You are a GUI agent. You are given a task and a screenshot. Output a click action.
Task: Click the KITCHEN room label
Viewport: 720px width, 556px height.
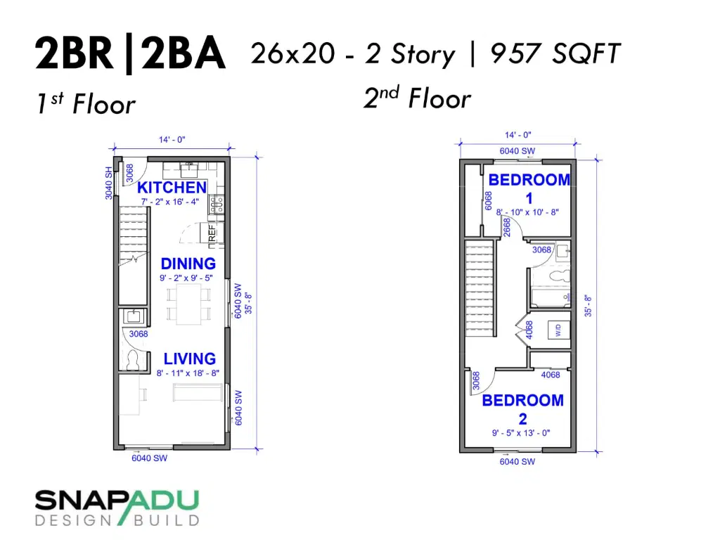(x=172, y=187)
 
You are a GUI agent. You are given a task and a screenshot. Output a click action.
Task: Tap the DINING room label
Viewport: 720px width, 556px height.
(x=188, y=264)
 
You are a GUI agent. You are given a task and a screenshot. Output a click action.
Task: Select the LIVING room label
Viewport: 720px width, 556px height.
(x=190, y=358)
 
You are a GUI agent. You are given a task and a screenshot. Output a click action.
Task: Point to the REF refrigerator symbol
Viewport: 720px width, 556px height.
(x=212, y=233)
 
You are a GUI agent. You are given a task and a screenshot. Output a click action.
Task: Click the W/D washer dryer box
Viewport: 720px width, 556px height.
(x=559, y=330)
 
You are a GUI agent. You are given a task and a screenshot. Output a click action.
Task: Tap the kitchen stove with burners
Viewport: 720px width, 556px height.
(x=217, y=205)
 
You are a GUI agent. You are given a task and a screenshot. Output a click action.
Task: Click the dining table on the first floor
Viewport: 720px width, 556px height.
(x=188, y=304)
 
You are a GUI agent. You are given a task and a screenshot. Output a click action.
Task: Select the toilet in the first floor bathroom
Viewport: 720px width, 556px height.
(x=133, y=360)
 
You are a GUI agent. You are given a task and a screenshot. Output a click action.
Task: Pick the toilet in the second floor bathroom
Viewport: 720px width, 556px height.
(x=560, y=276)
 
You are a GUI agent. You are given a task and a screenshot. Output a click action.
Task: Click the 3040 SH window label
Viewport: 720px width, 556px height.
(x=108, y=183)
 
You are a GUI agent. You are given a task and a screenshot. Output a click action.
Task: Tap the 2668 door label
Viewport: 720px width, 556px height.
(x=506, y=227)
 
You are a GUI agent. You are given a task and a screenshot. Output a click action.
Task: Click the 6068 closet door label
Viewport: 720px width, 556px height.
(x=488, y=200)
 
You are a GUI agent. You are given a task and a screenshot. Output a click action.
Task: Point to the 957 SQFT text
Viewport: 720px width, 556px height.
(x=555, y=53)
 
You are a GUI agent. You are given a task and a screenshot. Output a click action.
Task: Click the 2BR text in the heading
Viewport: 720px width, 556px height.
(x=74, y=53)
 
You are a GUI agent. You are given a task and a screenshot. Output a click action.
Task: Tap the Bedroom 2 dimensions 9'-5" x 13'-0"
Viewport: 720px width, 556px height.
(x=521, y=433)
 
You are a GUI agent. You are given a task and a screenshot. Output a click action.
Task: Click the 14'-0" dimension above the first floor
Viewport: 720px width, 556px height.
(x=172, y=140)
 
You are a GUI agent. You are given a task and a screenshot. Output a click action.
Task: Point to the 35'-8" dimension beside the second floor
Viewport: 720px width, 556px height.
(x=588, y=306)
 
